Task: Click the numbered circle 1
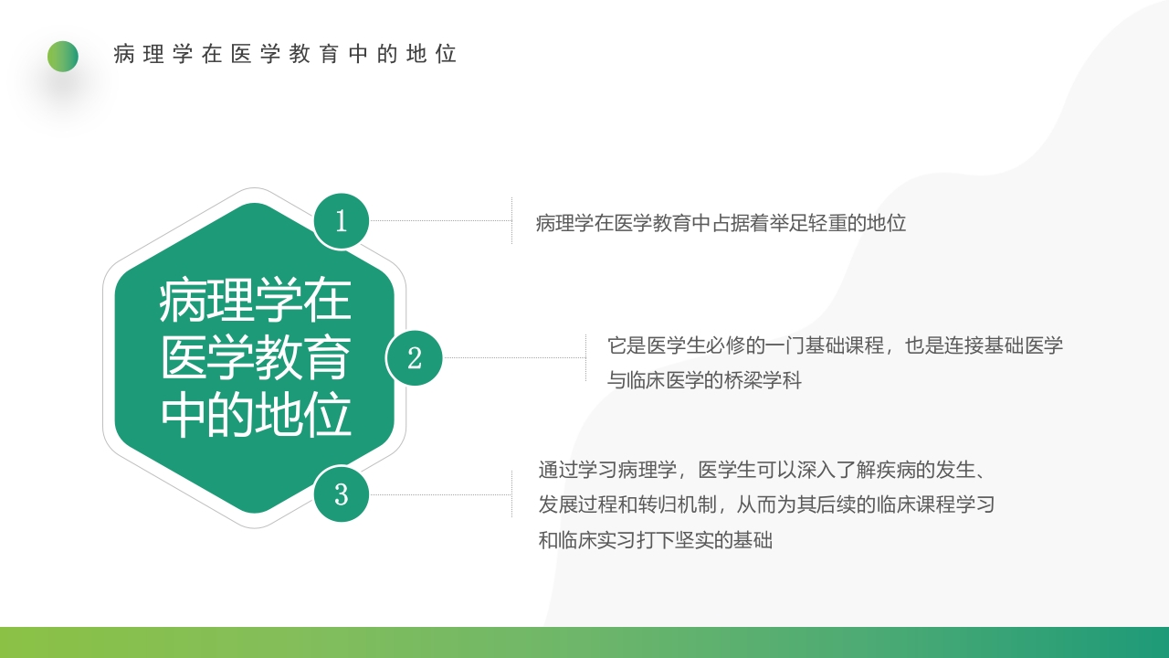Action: (341, 221)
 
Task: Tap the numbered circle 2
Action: (415, 357)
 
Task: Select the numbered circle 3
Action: (341, 494)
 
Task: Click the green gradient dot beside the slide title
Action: (63, 57)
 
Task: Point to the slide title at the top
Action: (285, 54)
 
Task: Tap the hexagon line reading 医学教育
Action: (256, 358)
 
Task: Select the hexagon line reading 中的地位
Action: (256, 416)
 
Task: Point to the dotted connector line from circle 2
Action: (513, 357)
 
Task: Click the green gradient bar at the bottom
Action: (584, 642)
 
